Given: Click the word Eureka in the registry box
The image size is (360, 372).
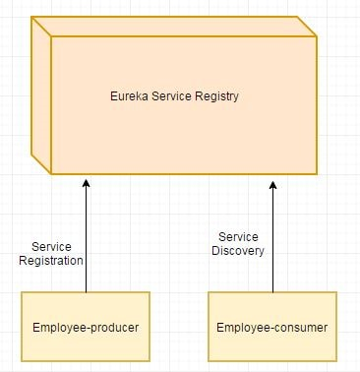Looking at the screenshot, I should tap(127, 97).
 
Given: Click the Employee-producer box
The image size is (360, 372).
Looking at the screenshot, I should tap(86, 326).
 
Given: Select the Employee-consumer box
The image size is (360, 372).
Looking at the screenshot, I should tap(272, 326).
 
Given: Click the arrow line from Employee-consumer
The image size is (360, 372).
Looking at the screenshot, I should tap(273, 246).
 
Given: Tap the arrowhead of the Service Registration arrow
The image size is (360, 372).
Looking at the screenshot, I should tap(87, 182).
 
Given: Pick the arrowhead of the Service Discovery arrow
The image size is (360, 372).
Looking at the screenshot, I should tap(273, 182).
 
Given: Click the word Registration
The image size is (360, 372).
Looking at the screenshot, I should tap(51, 261).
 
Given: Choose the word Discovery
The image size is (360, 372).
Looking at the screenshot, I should tap(238, 251).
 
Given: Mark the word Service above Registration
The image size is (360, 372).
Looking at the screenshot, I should tap(51, 247).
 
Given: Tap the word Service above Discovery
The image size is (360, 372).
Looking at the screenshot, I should tap(238, 237).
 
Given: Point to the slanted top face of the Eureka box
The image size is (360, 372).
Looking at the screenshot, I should tap(177, 26).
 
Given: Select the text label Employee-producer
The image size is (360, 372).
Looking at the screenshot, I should tap(86, 327).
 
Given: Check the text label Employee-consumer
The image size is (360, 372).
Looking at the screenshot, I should tap(272, 327).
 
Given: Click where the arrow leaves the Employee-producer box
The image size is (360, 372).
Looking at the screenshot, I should tap(87, 292).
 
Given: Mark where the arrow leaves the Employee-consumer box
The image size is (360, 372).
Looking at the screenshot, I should tap(273, 292).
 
